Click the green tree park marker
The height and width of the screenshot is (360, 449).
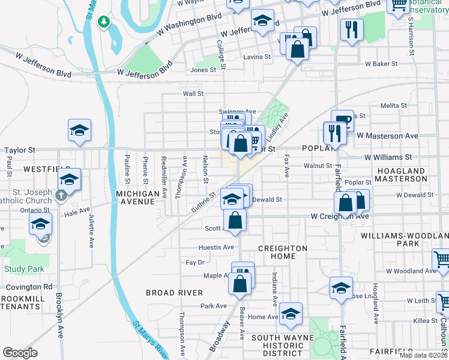click(104, 22)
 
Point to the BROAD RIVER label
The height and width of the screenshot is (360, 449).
click(174, 292)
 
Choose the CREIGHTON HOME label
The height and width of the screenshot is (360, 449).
click(282, 252)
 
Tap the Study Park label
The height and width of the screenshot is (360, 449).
click(24, 269)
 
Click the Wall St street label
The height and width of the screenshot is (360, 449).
click(193, 94)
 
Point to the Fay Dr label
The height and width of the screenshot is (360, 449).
click(195, 263)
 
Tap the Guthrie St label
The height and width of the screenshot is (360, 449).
click(203, 202)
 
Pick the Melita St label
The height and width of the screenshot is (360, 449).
click(394, 106)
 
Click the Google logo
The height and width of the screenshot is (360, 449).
click(20, 353)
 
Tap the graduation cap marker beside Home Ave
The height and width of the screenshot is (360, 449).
click(291, 314)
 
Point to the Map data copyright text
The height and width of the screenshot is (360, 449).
click(423, 355)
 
